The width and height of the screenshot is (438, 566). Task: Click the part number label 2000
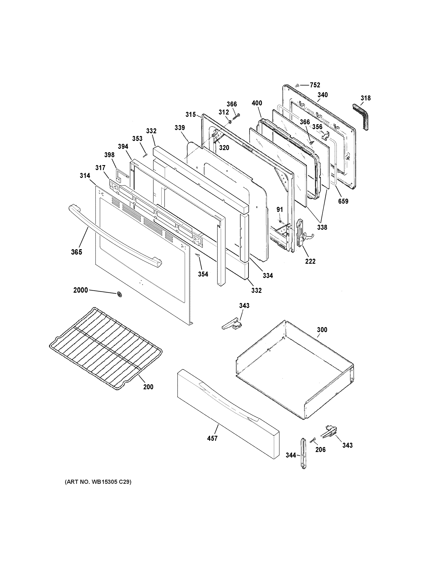[x=81, y=290]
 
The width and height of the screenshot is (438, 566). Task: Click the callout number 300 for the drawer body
[x=322, y=330]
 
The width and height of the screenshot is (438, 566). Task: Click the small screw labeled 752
[x=298, y=85]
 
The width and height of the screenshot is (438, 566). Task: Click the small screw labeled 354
[x=198, y=255]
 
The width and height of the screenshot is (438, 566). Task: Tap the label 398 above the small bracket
[x=109, y=155]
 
